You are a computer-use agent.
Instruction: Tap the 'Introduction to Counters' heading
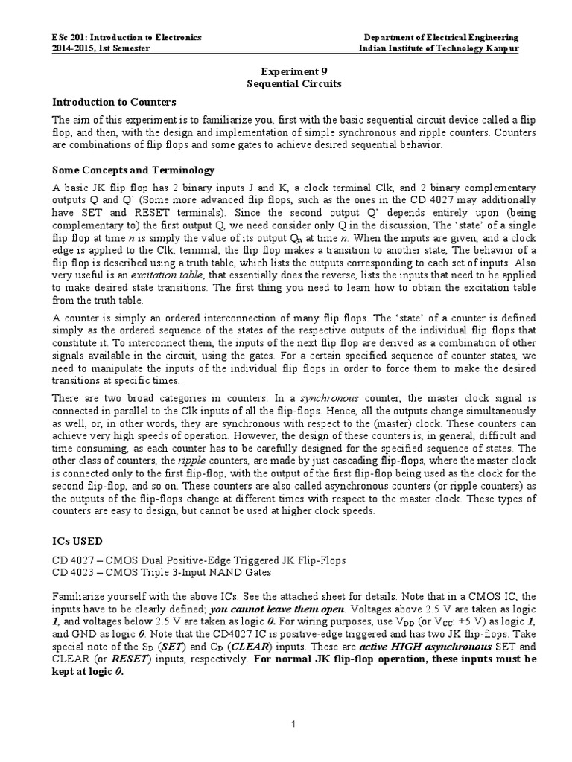pyautogui.click(x=114, y=102)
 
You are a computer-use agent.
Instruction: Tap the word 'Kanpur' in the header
pyautogui.click(x=502, y=48)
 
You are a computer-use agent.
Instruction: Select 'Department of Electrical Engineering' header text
pyautogui.click(x=441, y=37)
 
